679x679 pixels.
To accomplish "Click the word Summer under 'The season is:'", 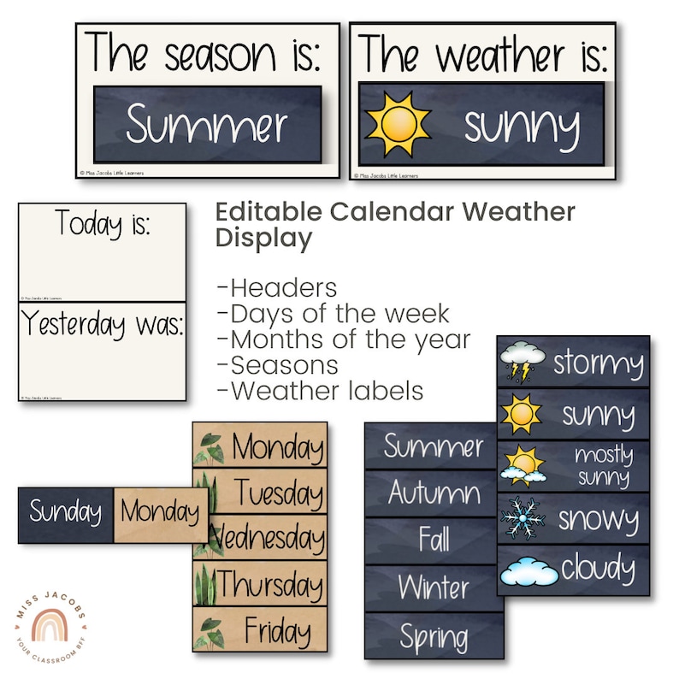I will pyautogui.click(x=207, y=126).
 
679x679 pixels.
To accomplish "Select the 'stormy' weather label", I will pyautogui.click(x=598, y=363).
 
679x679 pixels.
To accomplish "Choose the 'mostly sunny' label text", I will pyautogui.click(x=602, y=466).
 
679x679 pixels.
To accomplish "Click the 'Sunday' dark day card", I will pyautogui.click(x=65, y=513).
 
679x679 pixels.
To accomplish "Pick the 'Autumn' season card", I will pyautogui.click(x=434, y=492).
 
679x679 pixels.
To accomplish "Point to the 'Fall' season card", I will pyautogui.click(x=434, y=540).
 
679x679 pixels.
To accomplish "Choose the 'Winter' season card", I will pyautogui.click(x=434, y=588).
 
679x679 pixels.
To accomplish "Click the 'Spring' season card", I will pyautogui.click(x=434, y=637).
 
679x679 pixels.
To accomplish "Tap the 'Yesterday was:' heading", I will pyautogui.click(x=102, y=325).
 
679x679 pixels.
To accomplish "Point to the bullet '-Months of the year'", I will pyautogui.click(x=344, y=339).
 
